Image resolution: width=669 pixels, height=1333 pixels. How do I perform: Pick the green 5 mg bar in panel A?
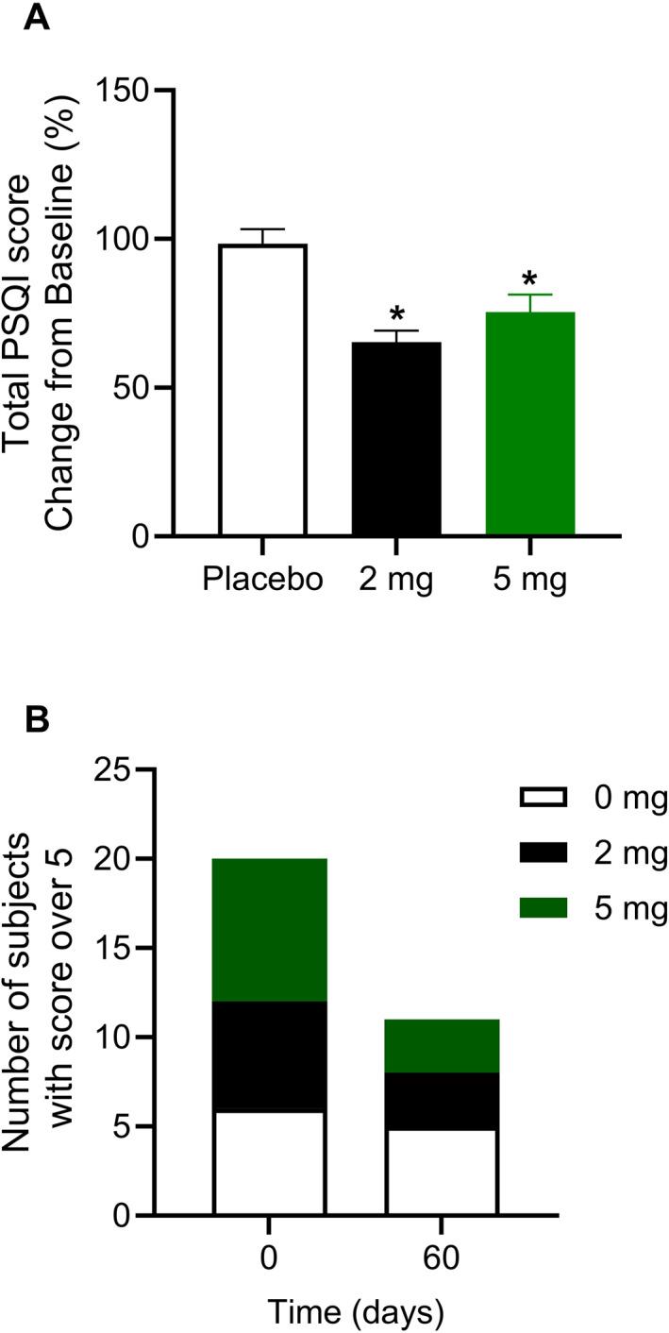pyautogui.click(x=529, y=424)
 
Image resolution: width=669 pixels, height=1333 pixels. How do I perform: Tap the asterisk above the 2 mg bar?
pyautogui.click(x=396, y=314)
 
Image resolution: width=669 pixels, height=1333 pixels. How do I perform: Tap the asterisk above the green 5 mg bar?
pyautogui.click(x=529, y=279)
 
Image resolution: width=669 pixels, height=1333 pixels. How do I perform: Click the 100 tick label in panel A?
pyautogui.click(x=131, y=240)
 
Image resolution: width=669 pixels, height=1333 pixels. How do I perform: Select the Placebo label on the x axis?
pyautogui.click(x=262, y=579)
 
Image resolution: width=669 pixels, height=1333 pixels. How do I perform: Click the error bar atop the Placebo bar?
pyautogui.click(x=262, y=235)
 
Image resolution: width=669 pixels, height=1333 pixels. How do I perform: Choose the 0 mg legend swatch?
pyautogui.click(x=543, y=799)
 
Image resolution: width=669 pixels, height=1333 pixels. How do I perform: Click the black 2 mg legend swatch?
pyautogui.click(x=543, y=853)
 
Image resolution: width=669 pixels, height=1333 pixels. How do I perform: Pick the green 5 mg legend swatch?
pyautogui.click(x=543, y=908)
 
